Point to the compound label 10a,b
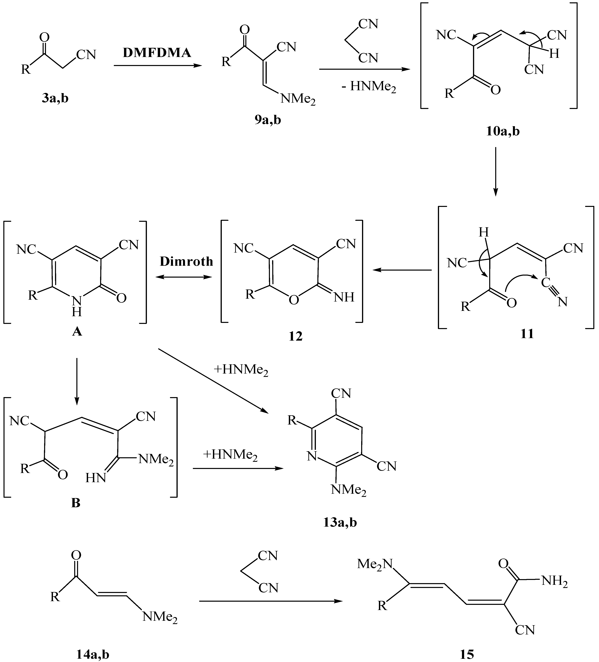coord(503,131)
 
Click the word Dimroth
coord(187,261)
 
